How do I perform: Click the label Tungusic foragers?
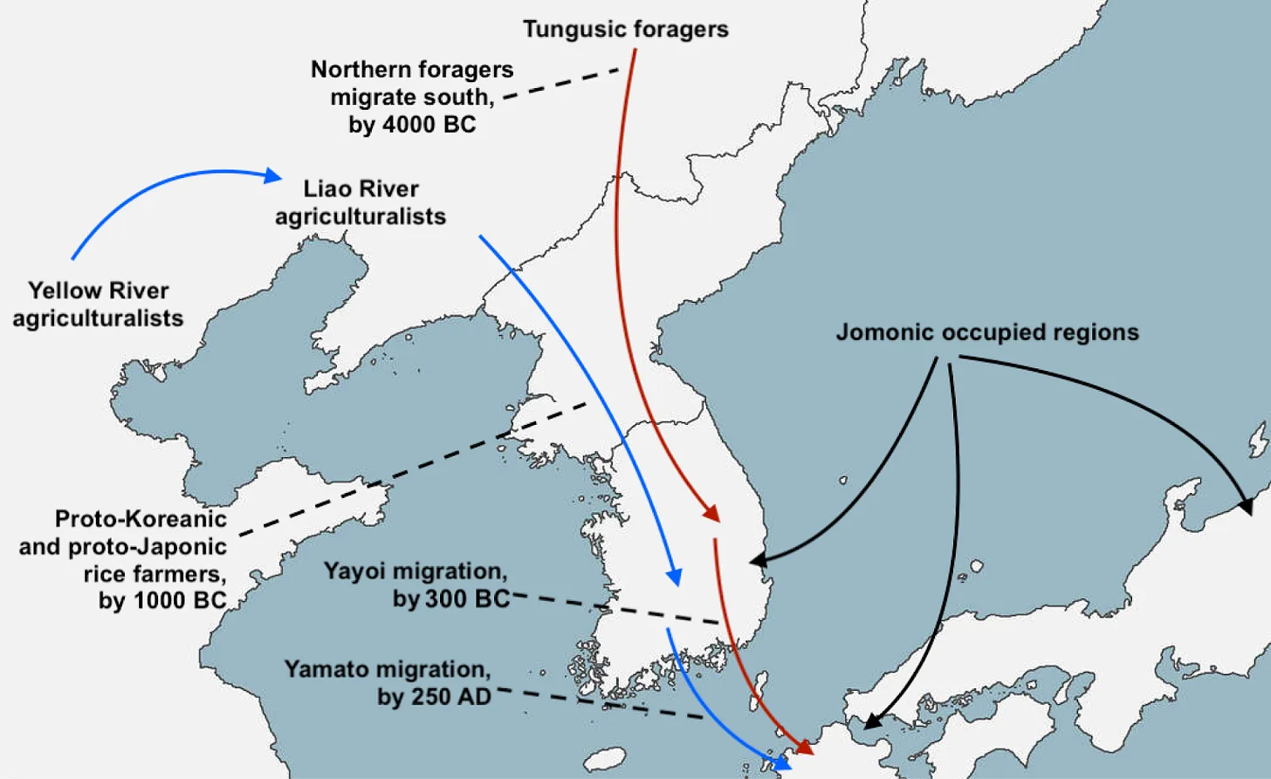click(625, 29)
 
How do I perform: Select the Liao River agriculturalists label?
click(361, 202)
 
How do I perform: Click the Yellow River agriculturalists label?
click(98, 304)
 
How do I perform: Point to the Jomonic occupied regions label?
click(987, 332)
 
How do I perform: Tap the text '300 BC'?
click(467, 598)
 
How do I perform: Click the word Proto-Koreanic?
click(141, 519)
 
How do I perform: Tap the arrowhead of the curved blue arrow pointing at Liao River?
click(273, 176)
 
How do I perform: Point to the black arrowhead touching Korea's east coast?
click(759, 559)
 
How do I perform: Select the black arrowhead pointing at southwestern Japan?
click(871, 721)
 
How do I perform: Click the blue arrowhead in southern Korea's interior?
click(674, 577)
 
